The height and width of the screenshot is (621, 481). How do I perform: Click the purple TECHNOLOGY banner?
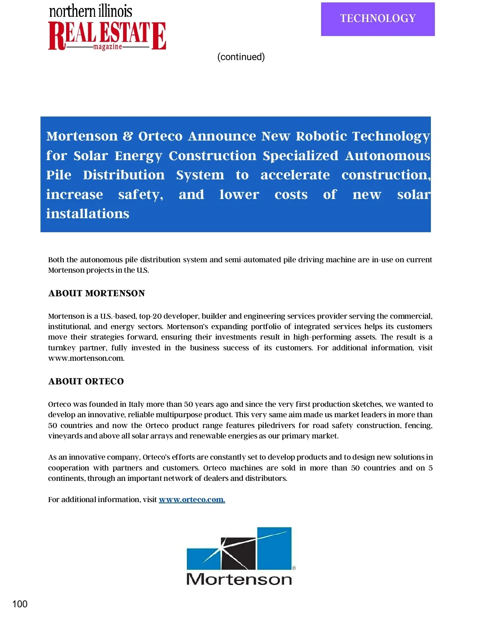[378, 19]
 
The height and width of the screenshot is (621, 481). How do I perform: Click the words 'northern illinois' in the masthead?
[91, 11]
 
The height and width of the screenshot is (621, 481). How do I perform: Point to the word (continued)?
[241, 57]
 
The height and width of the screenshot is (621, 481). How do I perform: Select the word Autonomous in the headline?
[388, 155]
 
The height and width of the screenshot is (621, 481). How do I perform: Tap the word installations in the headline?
[87, 213]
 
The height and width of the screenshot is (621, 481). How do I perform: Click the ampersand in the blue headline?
[128, 136]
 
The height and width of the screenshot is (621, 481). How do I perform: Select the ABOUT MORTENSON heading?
[97, 293]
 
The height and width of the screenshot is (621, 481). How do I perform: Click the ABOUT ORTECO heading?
[86, 381]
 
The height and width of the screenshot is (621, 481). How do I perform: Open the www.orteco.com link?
[192, 499]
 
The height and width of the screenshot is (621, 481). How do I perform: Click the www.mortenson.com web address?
[86, 358]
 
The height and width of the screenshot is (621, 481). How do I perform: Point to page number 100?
[20, 604]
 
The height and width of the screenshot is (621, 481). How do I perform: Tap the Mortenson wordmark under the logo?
[239, 579]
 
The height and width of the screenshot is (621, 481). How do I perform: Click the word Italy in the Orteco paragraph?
[136, 404]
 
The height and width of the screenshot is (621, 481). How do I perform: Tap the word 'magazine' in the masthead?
[107, 47]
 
